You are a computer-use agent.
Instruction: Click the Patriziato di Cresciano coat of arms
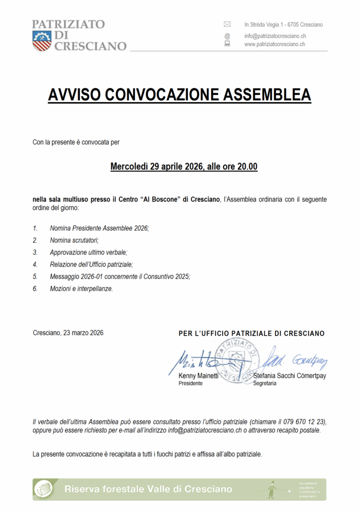[x=41, y=40]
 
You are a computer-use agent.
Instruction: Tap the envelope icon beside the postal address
[x=227, y=24]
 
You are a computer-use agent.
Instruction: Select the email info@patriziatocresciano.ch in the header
[x=275, y=36]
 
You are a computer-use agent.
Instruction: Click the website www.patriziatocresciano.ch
[x=274, y=44]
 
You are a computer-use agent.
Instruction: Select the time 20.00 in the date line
[x=246, y=166]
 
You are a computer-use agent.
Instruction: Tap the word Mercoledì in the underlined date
[x=129, y=166]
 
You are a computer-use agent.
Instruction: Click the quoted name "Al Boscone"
[x=162, y=199]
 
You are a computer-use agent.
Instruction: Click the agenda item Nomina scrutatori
[x=74, y=240]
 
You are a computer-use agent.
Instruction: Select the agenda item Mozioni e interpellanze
[x=81, y=288]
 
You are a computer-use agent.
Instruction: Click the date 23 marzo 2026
[x=83, y=333]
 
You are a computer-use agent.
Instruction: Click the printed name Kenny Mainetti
[x=198, y=375]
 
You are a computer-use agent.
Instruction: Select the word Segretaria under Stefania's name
[x=264, y=383]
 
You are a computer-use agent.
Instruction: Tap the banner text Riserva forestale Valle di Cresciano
[x=148, y=489]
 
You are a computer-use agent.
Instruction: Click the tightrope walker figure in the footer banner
[x=272, y=489]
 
